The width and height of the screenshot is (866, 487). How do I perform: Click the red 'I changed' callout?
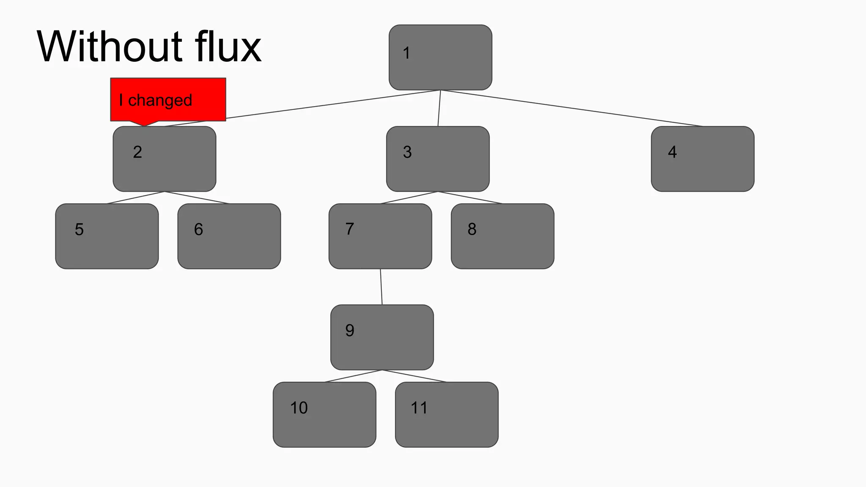coord(168,100)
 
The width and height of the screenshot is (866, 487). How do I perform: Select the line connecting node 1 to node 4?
coord(571,108)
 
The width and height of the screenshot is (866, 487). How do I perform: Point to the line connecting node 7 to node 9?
coord(381,287)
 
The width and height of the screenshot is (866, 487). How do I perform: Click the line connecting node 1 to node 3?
coord(439,108)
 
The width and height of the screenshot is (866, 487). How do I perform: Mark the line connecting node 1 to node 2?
coord(321,106)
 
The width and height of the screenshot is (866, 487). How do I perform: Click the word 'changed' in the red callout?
coord(160,101)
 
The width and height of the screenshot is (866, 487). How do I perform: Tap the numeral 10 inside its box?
coord(299,408)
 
